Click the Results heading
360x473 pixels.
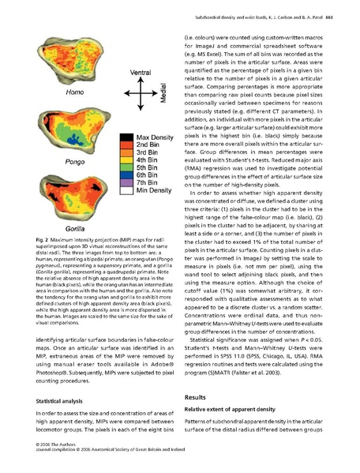pos(194,396)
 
